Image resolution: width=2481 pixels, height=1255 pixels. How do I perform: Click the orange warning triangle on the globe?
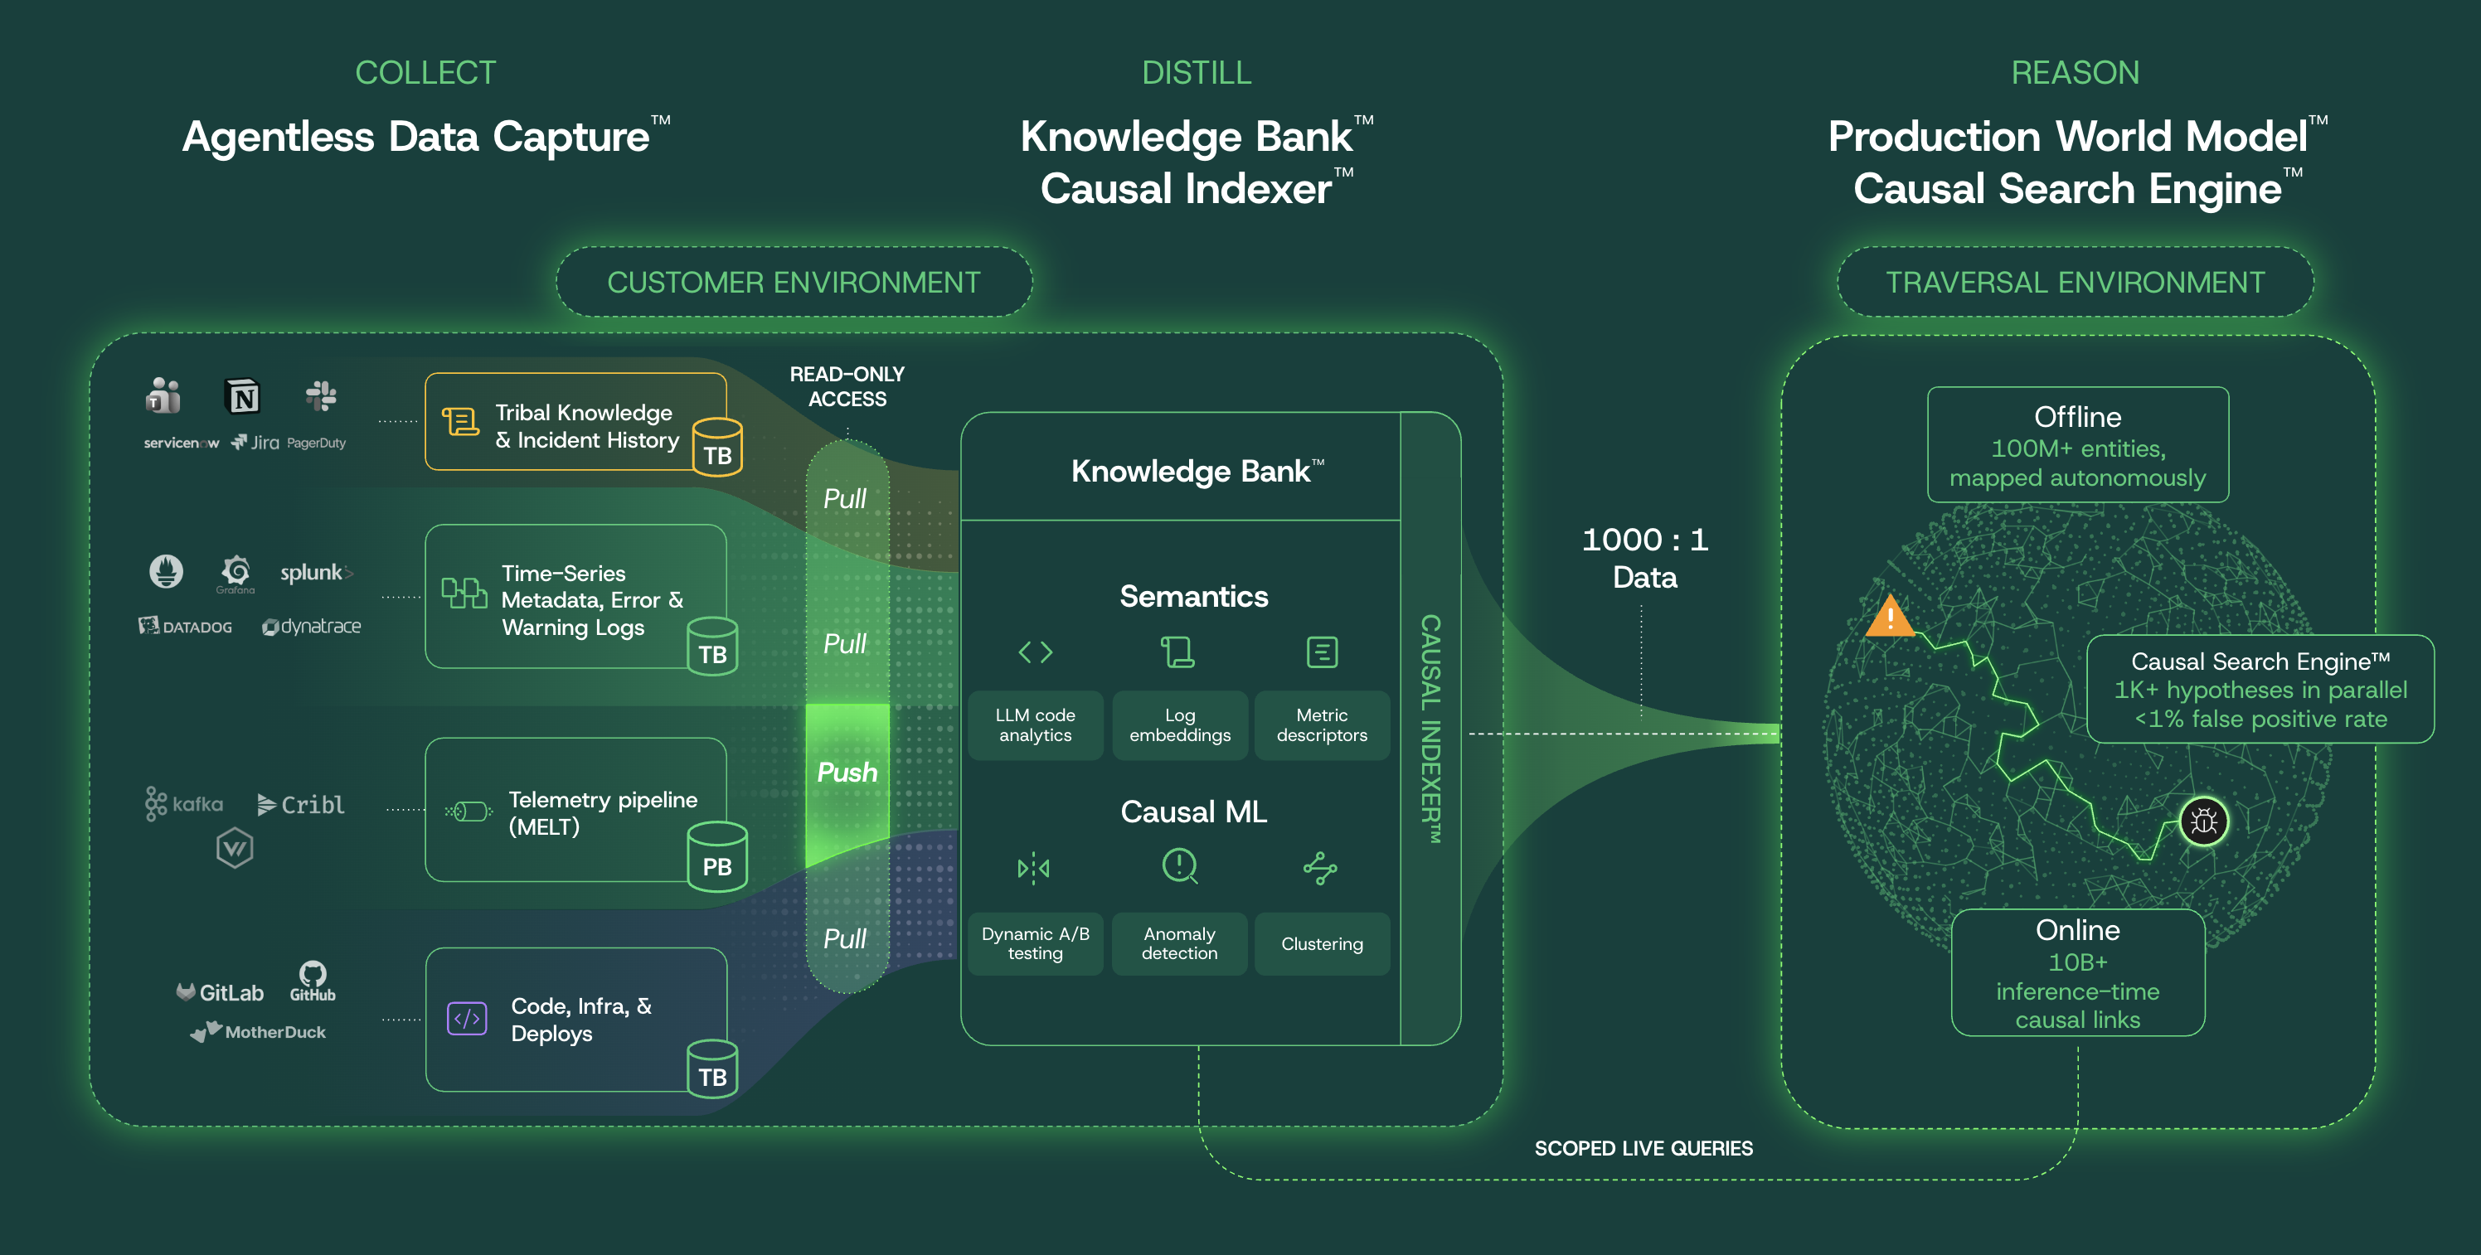pos(1890,617)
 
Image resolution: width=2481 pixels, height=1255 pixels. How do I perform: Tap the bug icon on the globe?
pos(2203,821)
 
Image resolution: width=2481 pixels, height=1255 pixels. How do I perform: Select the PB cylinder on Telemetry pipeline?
pos(716,856)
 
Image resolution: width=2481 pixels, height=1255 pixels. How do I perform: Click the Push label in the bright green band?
pos(847,773)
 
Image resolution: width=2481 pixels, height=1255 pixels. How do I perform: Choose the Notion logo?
pos(243,396)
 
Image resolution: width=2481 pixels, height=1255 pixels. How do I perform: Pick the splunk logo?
pos(316,572)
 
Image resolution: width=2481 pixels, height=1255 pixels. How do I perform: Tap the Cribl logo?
pos(300,804)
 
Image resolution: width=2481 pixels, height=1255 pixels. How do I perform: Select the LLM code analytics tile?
pos(1036,725)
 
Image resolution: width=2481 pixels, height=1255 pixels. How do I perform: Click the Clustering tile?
pos(1322,944)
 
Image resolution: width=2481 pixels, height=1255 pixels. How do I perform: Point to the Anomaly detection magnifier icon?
pos(1180,866)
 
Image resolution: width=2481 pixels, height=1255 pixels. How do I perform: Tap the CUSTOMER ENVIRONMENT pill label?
pos(794,282)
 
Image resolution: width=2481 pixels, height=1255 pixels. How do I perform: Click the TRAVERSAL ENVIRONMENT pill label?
pos(2075,282)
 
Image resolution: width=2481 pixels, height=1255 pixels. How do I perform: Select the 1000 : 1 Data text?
pos(1645,558)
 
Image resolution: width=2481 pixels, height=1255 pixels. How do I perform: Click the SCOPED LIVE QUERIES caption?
pos(1643,1148)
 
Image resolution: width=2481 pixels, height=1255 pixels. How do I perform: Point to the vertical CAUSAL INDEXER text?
pos(1431,729)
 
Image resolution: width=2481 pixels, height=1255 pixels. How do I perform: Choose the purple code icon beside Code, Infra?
pos(467,1018)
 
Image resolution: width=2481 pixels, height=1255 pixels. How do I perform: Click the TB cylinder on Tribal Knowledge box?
pos(717,447)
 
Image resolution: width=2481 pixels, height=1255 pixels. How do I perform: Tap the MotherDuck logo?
pos(258,1031)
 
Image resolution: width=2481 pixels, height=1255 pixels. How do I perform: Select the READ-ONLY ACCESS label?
pos(847,386)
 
